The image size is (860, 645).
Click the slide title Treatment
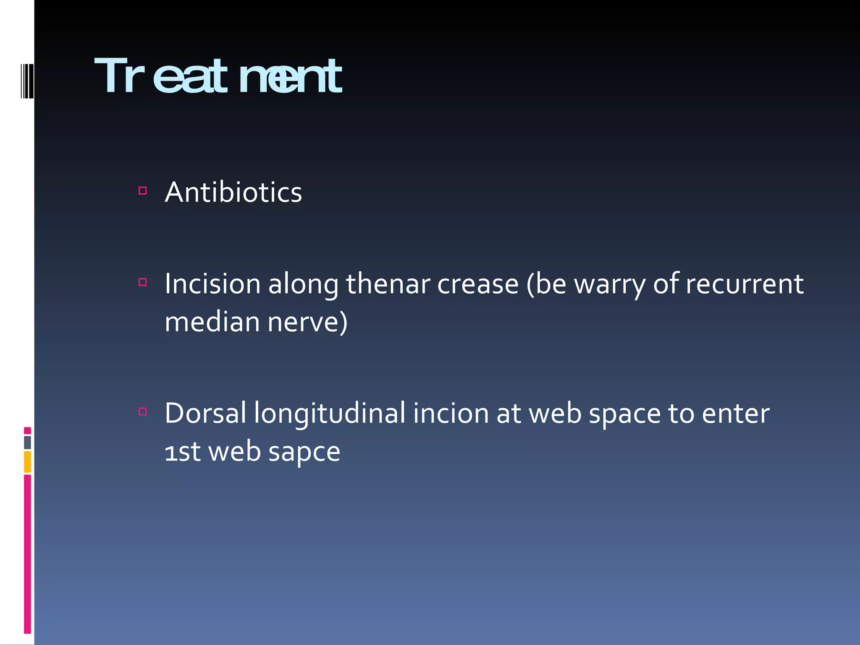coord(218,76)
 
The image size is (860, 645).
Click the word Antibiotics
coord(233,192)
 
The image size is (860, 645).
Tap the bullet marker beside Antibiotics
coord(143,191)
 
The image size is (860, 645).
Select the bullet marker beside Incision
coord(143,282)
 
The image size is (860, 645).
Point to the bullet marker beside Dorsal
coord(143,412)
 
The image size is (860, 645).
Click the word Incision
coord(212,284)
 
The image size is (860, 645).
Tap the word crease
coord(478,284)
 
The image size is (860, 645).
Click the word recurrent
coord(745,284)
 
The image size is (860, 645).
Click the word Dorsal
coord(205,413)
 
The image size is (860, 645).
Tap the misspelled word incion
coord(451,413)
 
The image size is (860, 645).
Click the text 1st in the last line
coord(182,452)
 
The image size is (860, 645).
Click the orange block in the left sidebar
coord(27,461)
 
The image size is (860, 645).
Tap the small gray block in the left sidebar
coord(27,443)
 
